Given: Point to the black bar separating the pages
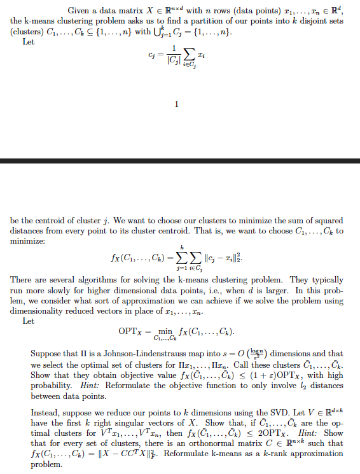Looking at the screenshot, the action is coord(180,162).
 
